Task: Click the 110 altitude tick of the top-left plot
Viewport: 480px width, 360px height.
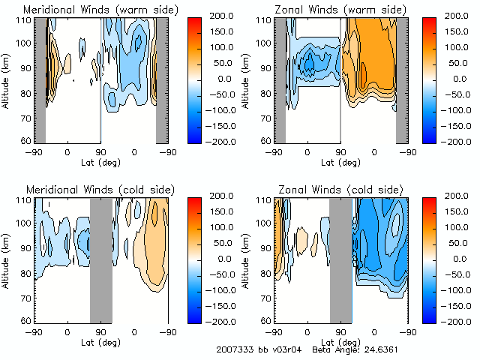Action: [25, 20]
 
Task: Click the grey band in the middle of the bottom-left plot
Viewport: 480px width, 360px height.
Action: [100, 259]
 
